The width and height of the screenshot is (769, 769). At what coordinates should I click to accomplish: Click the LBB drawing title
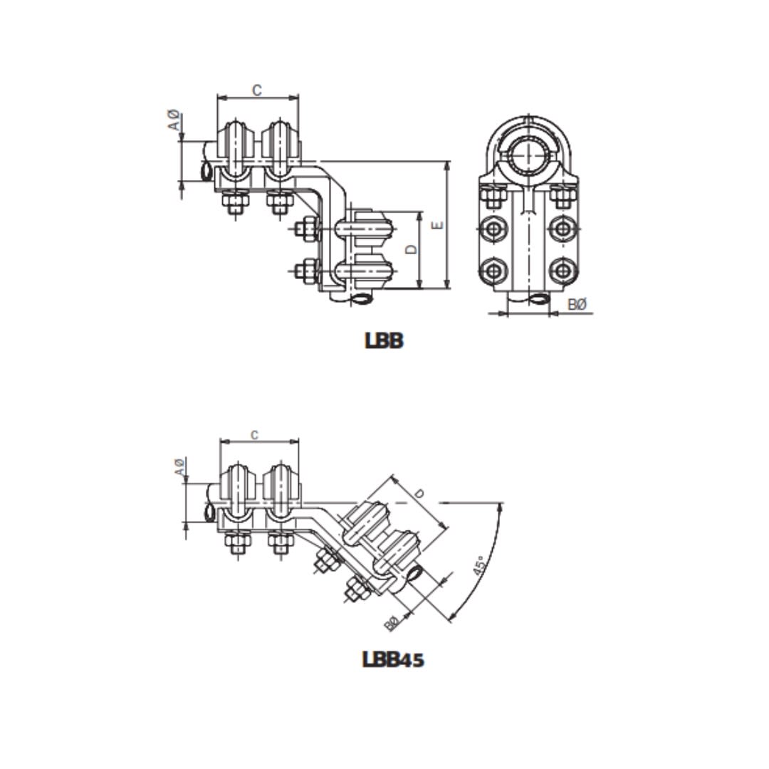tap(384, 341)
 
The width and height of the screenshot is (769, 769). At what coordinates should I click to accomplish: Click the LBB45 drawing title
tap(393, 659)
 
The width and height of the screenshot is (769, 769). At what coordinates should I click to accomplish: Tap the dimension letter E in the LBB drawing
tap(439, 224)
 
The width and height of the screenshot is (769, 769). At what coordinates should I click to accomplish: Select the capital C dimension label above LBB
tap(257, 90)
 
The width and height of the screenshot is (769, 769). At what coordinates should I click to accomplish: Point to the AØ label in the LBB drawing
tap(172, 120)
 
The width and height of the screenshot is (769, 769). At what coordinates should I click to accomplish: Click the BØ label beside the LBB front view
tap(578, 305)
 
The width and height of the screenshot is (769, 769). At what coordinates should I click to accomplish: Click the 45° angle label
tap(480, 567)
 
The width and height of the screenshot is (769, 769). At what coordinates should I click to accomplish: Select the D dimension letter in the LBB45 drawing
tap(420, 493)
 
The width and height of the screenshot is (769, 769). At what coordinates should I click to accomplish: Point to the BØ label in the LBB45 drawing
tap(391, 624)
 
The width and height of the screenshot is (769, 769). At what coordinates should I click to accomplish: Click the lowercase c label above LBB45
tap(255, 434)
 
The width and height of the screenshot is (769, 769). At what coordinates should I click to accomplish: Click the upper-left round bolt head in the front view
tap(493, 229)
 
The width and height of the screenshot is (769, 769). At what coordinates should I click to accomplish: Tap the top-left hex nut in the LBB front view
tap(493, 194)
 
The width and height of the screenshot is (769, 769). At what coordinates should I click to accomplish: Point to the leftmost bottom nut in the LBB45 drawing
tap(234, 543)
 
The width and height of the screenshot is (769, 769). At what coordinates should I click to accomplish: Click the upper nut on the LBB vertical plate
tap(307, 229)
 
